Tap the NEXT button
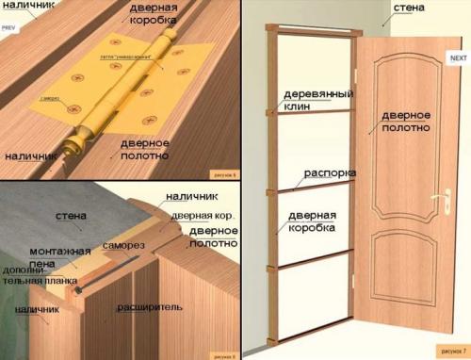459,58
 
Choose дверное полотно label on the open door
406,121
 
